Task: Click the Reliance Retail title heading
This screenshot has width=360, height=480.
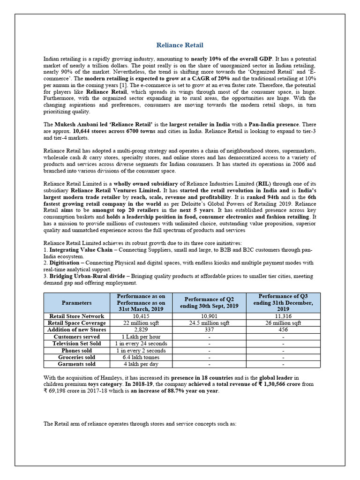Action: pyautogui.click(x=180, y=45)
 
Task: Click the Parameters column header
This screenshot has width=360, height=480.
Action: pyautogui.click(x=76, y=303)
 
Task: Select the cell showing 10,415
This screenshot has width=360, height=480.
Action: pyautogui.click(x=141, y=316)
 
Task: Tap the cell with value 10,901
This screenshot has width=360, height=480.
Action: pyautogui.click(x=209, y=316)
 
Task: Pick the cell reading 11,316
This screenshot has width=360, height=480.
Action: pyautogui.click(x=283, y=316)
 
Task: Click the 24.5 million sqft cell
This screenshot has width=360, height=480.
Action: pyautogui.click(x=209, y=323)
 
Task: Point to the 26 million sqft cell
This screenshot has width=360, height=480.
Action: pyautogui.click(x=283, y=323)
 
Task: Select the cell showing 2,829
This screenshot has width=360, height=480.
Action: pyautogui.click(x=141, y=330)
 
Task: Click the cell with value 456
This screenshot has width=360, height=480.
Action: pyautogui.click(x=283, y=330)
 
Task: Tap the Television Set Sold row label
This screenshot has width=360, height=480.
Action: pyautogui.click(x=76, y=344)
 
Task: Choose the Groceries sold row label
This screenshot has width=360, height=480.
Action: pyautogui.click(x=76, y=357)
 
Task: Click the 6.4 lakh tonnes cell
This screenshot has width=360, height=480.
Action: pyautogui.click(x=141, y=357)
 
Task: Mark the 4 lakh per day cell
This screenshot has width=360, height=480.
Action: pyautogui.click(x=141, y=364)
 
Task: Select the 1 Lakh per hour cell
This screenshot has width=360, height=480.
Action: pyautogui.click(x=141, y=337)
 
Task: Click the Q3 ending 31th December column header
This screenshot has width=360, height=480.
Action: pyautogui.click(x=283, y=303)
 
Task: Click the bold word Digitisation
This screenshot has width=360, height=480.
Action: pyautogui.click(x=64, y=263)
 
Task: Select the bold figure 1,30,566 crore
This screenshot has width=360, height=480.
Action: pyautogui.click(x=264, y=384)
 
